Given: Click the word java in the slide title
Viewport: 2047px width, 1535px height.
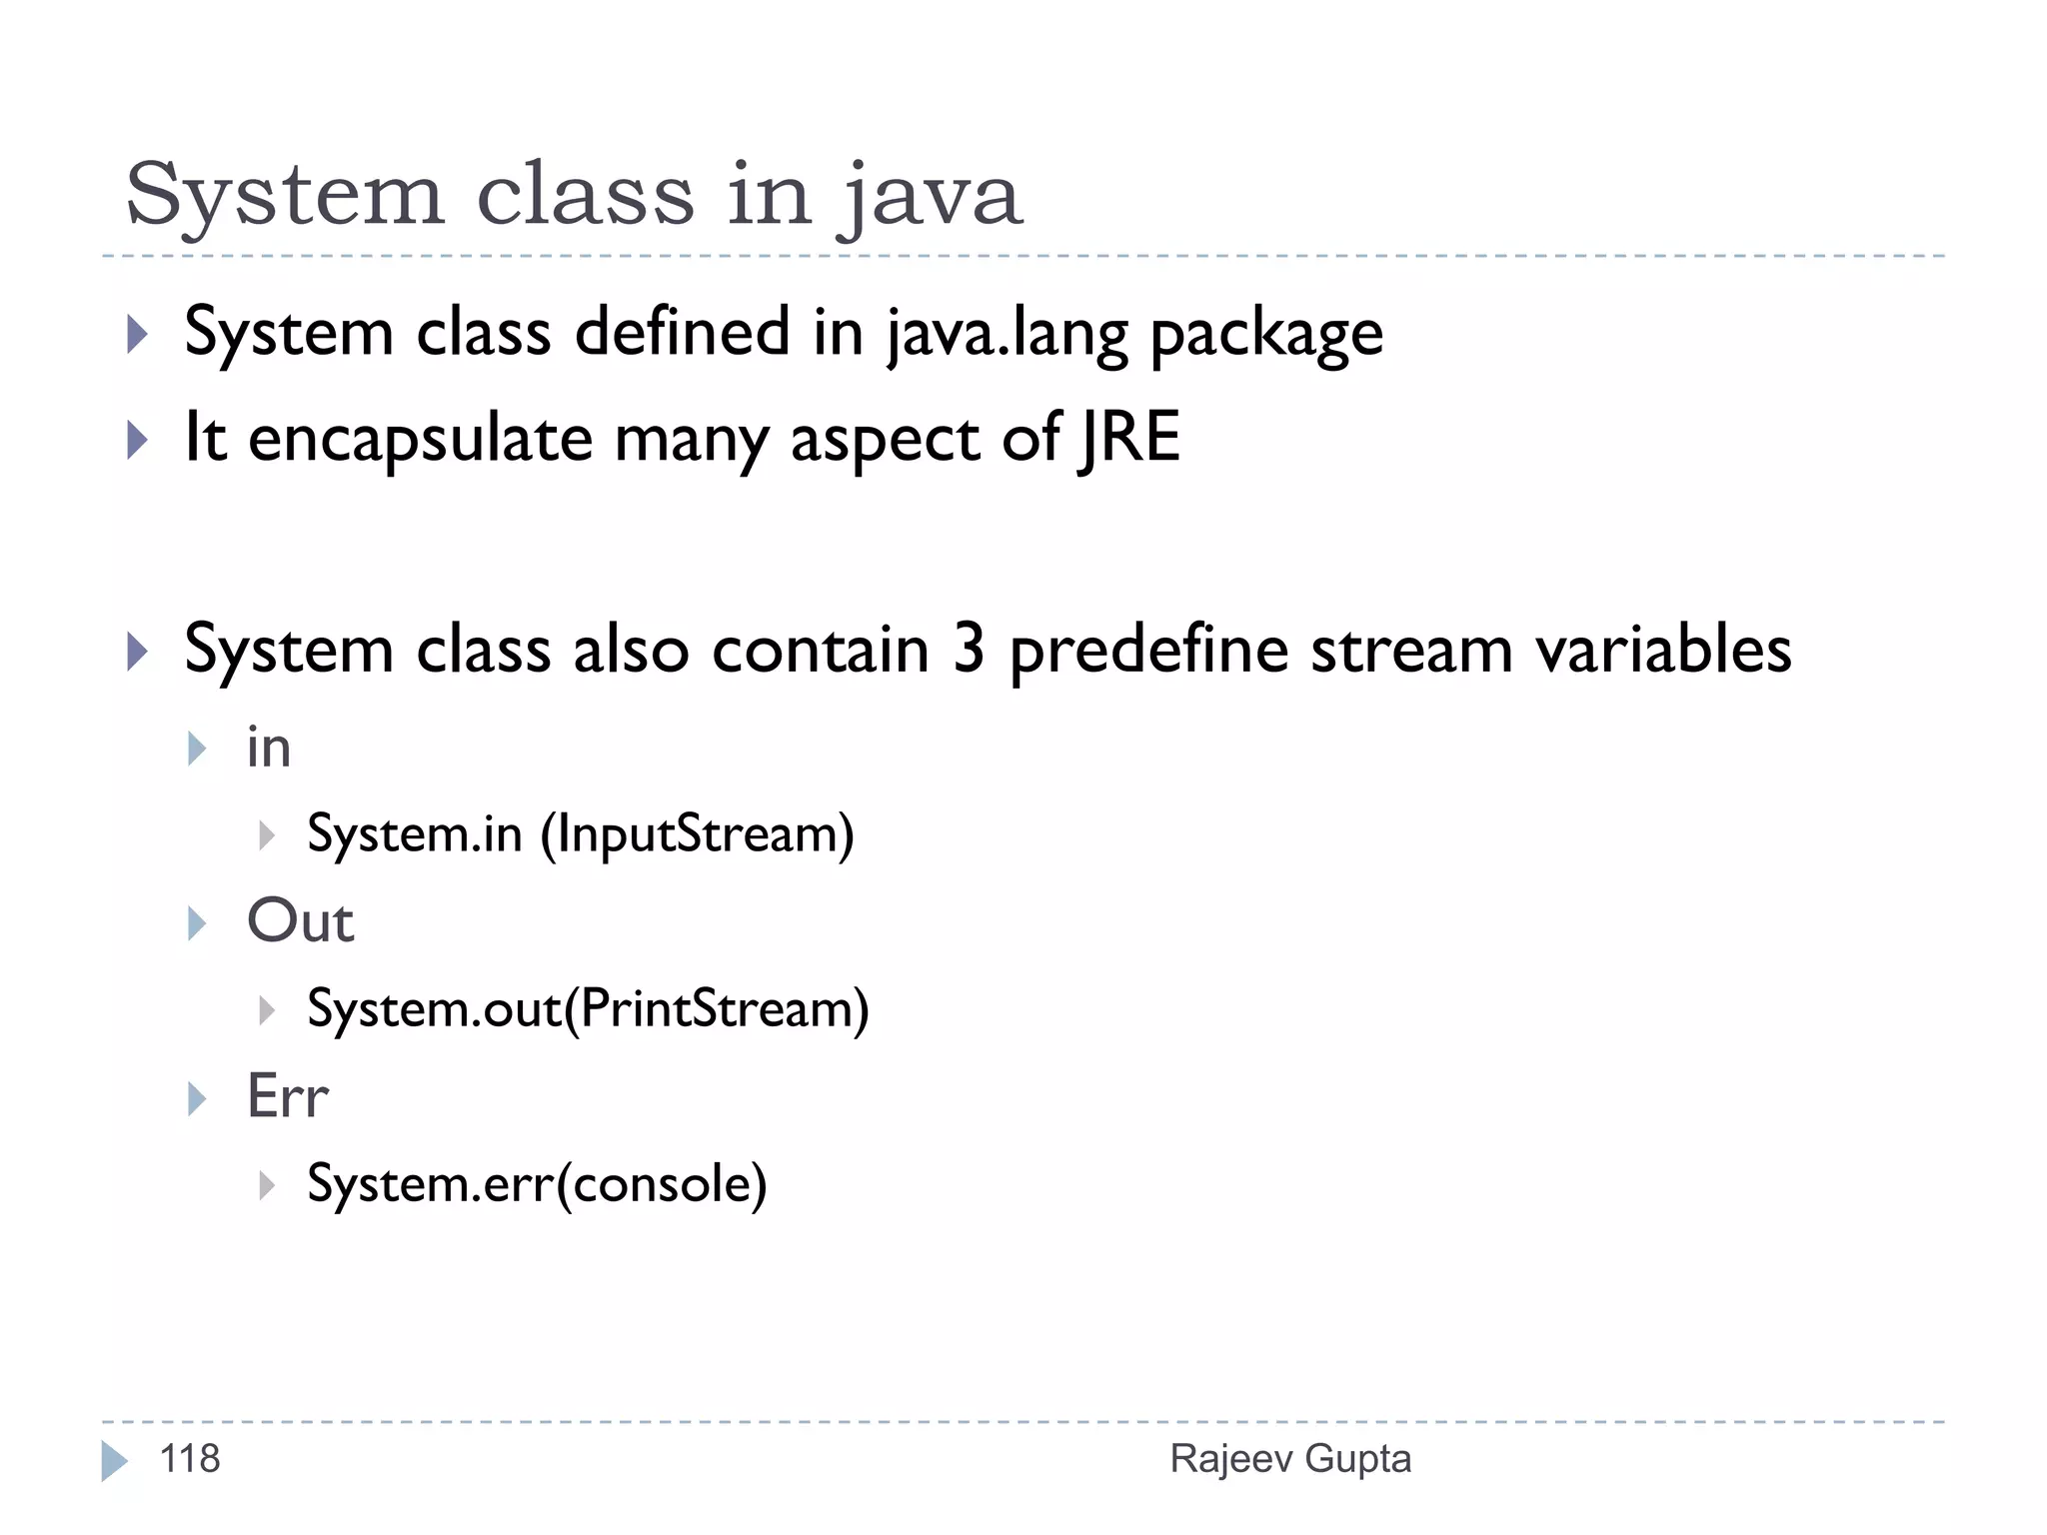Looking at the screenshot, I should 930,195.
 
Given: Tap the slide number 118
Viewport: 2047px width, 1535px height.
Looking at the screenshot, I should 190,1459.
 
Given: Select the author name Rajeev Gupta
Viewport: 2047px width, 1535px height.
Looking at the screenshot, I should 1290,1459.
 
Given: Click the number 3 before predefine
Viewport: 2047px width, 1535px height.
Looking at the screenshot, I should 969,650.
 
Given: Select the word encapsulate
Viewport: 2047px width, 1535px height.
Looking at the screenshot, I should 420,440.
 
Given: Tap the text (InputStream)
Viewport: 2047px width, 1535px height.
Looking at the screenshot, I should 697,834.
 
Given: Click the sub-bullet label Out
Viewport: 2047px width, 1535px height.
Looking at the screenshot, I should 300,920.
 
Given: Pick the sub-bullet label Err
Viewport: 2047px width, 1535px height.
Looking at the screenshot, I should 288,1096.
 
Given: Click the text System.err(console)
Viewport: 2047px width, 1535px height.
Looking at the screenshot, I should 537,1184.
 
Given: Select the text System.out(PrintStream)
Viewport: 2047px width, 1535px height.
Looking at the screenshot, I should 588,1009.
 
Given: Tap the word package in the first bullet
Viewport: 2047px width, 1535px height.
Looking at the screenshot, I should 1266,335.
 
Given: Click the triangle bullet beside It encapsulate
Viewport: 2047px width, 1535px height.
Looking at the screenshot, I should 138,440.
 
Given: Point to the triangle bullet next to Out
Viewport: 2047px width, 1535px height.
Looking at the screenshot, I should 197,923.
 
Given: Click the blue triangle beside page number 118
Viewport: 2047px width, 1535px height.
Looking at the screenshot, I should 114,1461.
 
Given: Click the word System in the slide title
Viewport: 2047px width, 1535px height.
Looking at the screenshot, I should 284,195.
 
